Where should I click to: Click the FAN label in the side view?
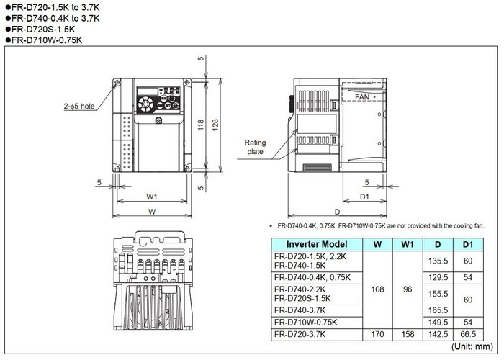[362, 96]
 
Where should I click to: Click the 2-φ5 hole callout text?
[79, 106]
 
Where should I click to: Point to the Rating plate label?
[255, 147]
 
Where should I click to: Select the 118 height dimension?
[201, 125]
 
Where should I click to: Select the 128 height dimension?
[215, 125]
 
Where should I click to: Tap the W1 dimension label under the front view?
[152, 197]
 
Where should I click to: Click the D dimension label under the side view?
[337, 212]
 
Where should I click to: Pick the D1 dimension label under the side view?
[364, 197]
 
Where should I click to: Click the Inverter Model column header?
[317, 244]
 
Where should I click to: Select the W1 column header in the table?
[408, 244]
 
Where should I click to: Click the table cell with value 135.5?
[438, 261]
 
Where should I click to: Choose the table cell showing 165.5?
[438, 310]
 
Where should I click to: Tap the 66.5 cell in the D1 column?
[468, 334]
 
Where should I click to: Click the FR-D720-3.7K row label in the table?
[300, 334]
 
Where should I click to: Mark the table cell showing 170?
[377, 334]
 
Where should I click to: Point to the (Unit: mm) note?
[472, 346]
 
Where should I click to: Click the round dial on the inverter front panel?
[145, 104]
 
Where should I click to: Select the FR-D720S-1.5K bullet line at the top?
[40, 30]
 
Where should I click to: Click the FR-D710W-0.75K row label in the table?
[306, 322]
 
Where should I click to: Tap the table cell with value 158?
[408, 334]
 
